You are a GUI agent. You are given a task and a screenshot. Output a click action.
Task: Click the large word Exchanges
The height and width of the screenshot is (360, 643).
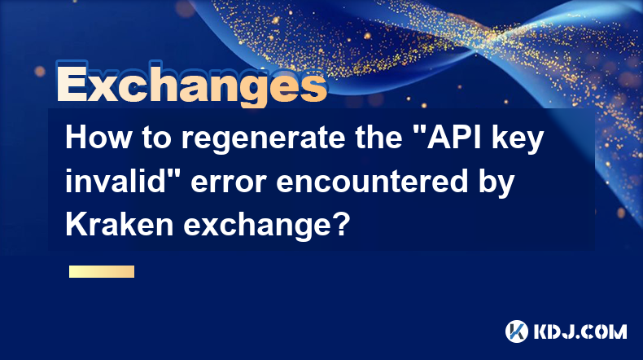[x=191, y=84]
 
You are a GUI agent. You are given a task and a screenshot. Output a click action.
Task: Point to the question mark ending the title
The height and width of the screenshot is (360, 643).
[x=341, y=224]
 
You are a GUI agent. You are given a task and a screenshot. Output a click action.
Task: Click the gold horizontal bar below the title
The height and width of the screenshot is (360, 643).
[x=102, y=271]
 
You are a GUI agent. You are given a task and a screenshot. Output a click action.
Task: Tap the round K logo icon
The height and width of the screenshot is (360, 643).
[x=517, y=331]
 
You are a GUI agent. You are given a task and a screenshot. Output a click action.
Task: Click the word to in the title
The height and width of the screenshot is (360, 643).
[x=156, y=138]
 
